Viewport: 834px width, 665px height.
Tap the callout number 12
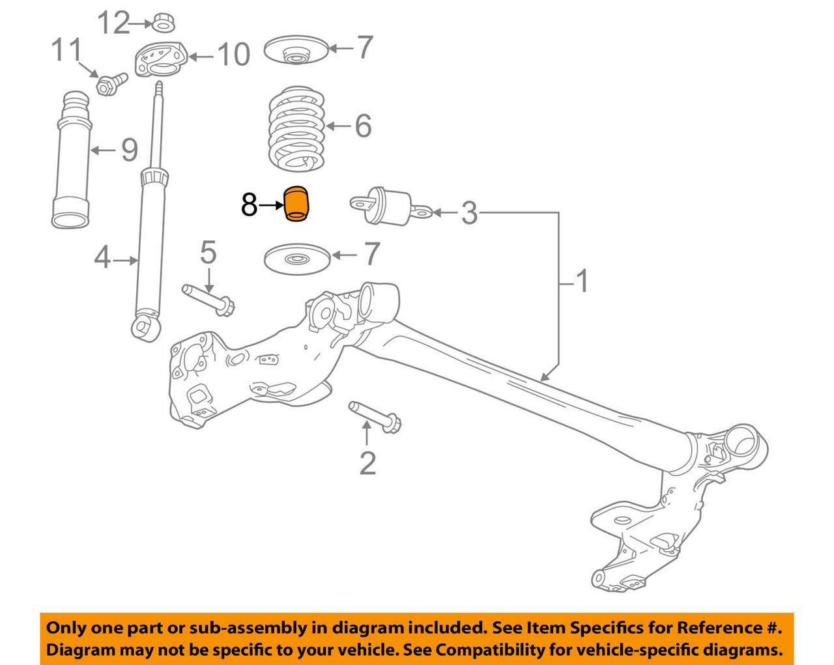coord(115,23)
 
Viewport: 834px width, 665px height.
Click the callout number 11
coord(67,50)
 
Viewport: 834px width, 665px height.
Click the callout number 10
coord(233,54)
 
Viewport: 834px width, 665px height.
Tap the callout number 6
coord(363,125)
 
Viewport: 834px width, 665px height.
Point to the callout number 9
coord(129,150)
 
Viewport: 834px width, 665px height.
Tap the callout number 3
coord(469,212)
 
